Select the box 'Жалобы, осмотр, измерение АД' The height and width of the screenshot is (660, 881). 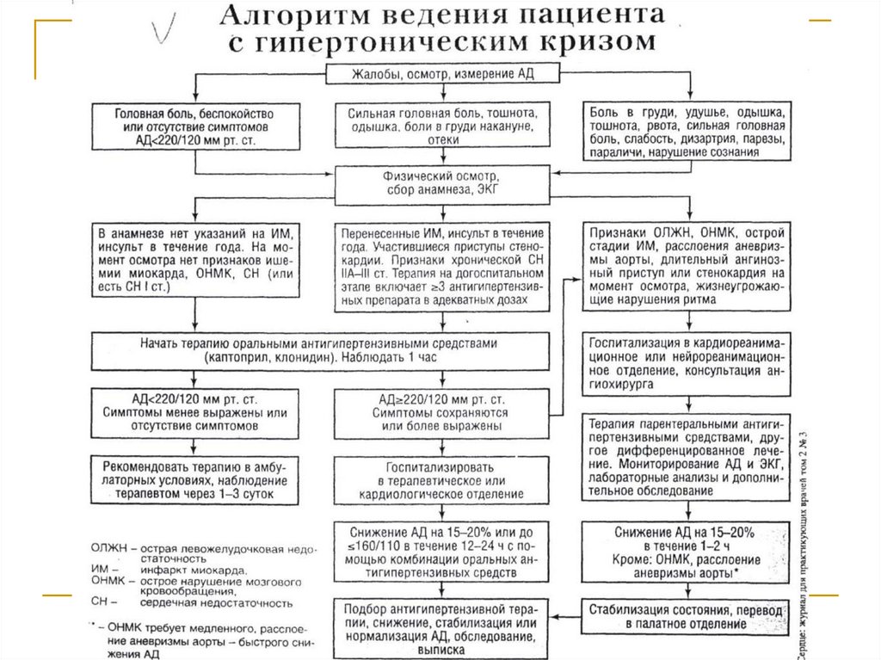click(x=441, y=74)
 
